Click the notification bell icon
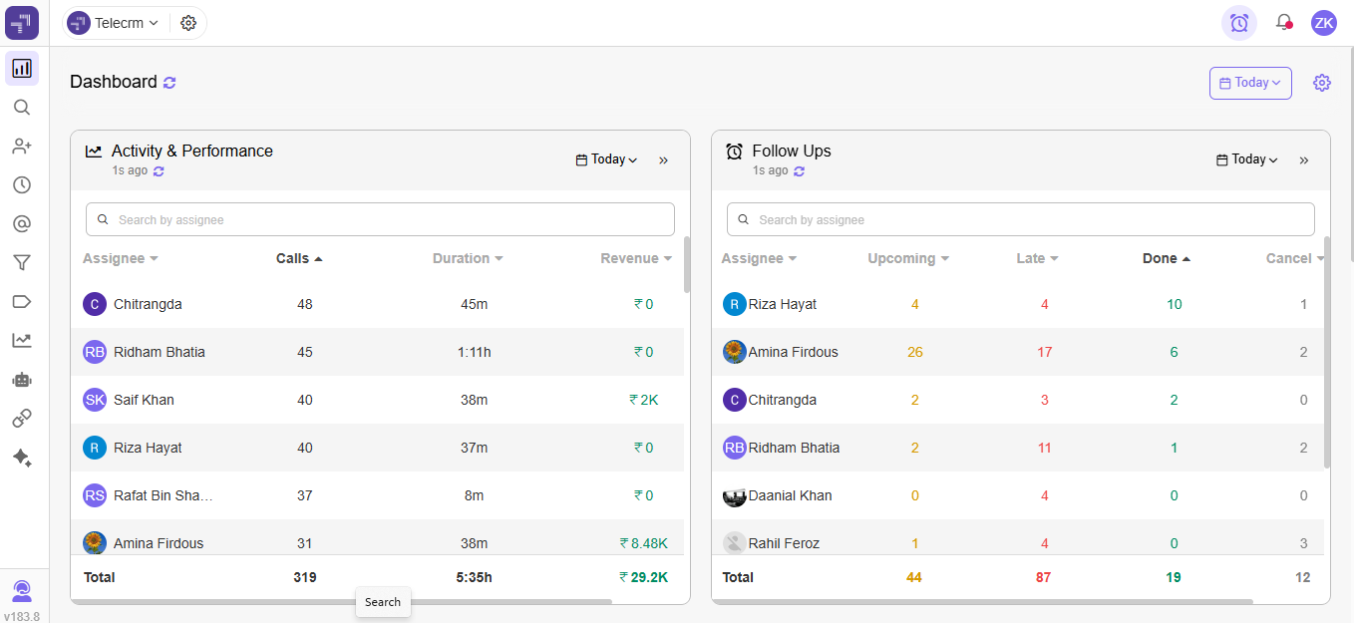(x=1283, y=22)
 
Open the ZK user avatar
(x=1323, y=23)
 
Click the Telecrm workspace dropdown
(x=114, y=23)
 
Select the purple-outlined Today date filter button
(x=1250, y=83)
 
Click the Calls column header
(x=293, y=258)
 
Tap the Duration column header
(x=462, y=258)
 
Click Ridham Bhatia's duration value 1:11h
(x=474, y=352)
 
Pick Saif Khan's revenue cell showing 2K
(x=644, y=400)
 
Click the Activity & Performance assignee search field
(x=380, y=219)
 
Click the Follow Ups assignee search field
(x=1020, y=219)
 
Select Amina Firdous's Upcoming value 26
(x=914, y=352)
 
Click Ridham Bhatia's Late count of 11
(x=1044, y=448)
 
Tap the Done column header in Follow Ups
(x=1161, y=258)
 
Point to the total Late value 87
(x=1043, y=577)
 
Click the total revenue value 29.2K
(x=644, y=577)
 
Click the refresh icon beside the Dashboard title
(x=169, y=83)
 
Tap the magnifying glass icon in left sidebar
(x=22, y=108)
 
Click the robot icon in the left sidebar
(x=22, y=379)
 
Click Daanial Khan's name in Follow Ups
(x=790, y=495)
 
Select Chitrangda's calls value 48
(x=304, y=304)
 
